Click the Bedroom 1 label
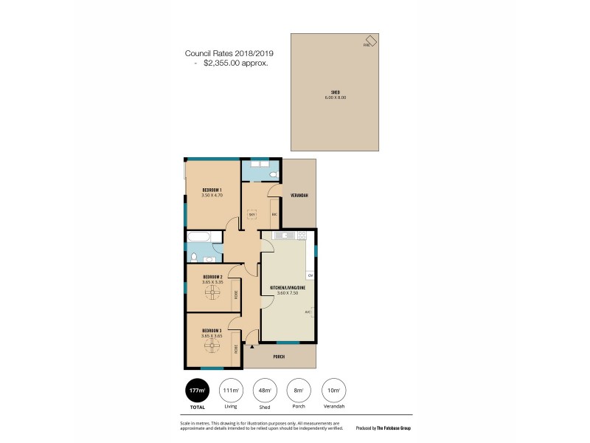(x=212, y=190)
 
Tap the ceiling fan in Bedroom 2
(x=213, y=293)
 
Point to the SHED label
(x=335, y=92)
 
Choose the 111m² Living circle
(x=230, y=391)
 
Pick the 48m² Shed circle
(x=264, y=391)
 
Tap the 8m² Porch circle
(x=299, y=391)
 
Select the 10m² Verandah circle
(x=333, y=391)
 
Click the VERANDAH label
(x=299, y=195)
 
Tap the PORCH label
(x=279, y=357)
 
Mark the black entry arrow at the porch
(x=252, y=346)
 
